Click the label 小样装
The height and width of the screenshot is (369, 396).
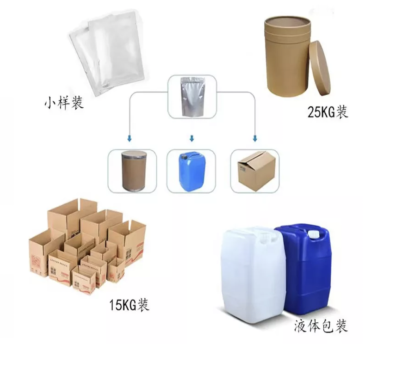point(64,103)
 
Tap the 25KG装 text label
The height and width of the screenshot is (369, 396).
point(327,112)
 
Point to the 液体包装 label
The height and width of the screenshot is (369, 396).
point(320,326)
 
